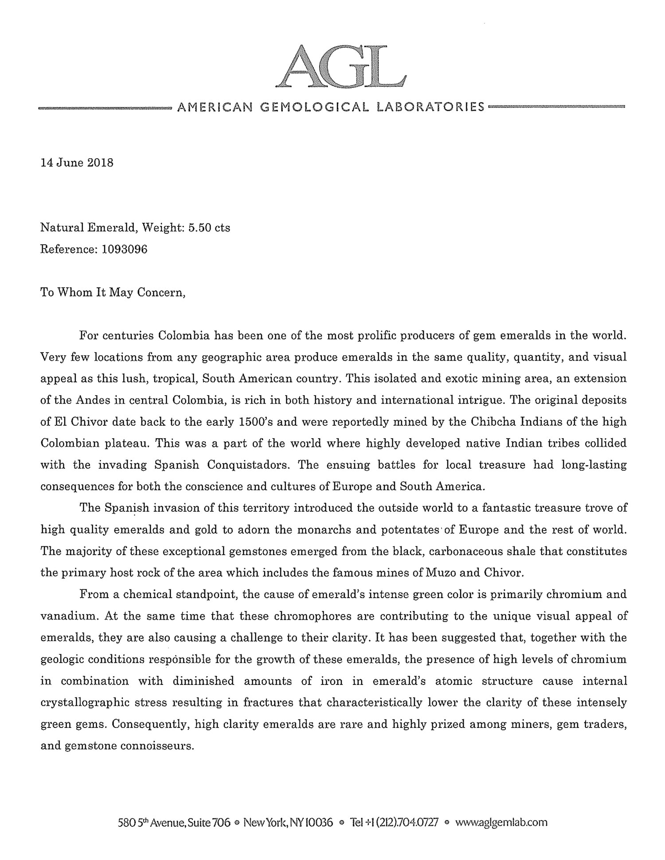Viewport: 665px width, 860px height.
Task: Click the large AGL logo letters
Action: [340, 67]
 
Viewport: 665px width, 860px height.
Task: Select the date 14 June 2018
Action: [77, 163]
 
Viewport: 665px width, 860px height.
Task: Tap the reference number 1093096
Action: [125, 249]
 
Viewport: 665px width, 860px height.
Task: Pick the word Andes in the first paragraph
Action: [84, 400]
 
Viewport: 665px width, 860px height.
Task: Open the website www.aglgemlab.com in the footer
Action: [501, 823]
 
